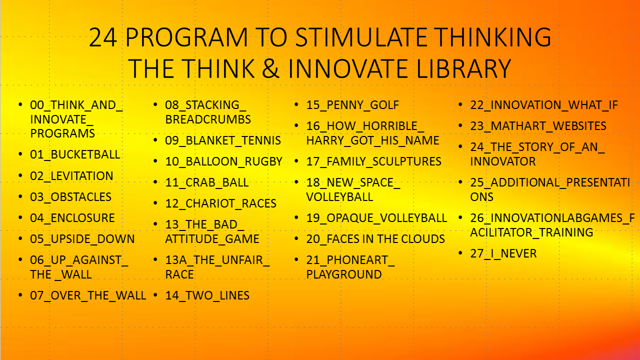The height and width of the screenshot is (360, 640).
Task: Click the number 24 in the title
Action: pos(103,37)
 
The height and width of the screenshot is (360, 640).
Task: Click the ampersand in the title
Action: pos(270,68)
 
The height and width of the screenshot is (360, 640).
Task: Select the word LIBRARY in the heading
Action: pos(463,68)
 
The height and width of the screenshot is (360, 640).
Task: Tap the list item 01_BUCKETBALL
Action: pos(75,154)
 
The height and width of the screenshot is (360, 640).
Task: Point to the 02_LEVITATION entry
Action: pos(71,176)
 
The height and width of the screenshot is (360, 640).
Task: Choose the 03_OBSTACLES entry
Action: pos(70,197)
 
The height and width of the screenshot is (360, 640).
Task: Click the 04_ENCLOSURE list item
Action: pos(72,218)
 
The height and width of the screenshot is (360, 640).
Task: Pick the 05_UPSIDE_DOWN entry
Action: pos(82,239)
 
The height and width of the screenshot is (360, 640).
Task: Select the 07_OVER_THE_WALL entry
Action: pos(88,295)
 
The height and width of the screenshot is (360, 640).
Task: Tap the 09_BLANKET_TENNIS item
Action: pos(223,140)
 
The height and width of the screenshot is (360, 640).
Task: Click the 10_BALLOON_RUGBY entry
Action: pos(223,161)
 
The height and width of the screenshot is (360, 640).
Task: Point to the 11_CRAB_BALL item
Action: pos(207,182)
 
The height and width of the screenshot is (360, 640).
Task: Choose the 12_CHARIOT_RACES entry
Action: pos(220,203)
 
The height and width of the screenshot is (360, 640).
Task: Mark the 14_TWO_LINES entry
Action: pos(207,295)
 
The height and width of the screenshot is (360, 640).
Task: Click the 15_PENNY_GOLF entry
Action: pos(352,105)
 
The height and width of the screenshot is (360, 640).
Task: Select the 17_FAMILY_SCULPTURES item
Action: pos(373,161)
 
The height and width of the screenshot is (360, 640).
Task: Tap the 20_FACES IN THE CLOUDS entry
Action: pos(375,239)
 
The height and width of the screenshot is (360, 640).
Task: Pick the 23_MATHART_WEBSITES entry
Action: pos(538,126)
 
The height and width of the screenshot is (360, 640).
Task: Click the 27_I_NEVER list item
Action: pos(503,253)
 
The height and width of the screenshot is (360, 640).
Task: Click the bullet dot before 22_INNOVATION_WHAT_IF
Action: pos(460,104)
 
